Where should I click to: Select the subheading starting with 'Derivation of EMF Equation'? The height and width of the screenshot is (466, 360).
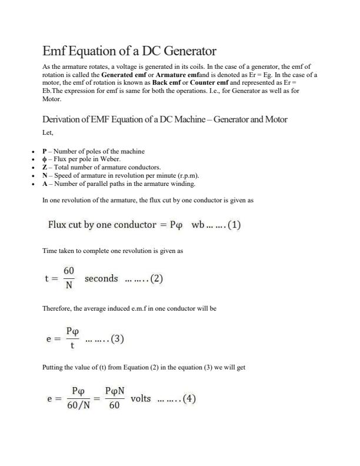click(165, 119)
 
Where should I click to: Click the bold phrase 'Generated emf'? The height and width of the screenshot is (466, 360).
click(124, 75)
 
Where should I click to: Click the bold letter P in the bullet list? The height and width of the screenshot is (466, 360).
click(45, 152)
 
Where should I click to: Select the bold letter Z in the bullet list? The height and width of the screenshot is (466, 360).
click(45, 168)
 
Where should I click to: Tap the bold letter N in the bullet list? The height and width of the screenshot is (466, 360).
click(45, 175)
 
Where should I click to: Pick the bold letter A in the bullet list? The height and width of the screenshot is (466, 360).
click(45, 184)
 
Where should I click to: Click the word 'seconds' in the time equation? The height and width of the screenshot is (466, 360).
click(101, 279)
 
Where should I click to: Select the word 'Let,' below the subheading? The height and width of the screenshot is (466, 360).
click(48, 133)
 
